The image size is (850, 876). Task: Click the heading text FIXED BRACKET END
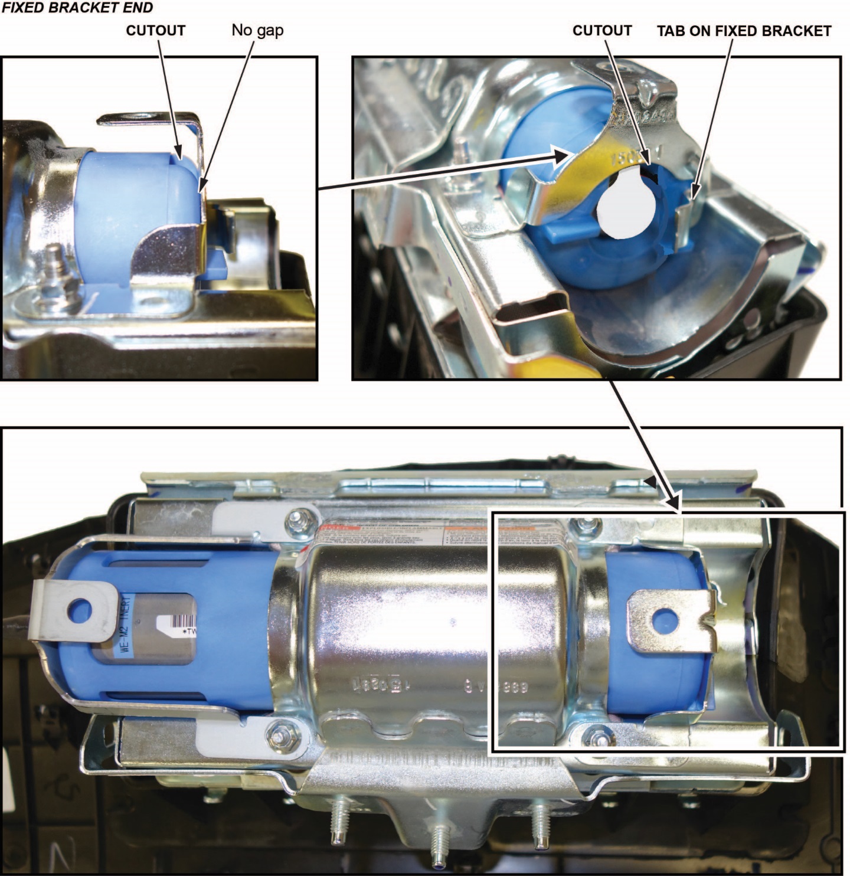pos(77,8)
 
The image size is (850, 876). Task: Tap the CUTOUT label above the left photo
pos(155,31)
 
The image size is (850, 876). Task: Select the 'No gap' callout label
pos(257,30)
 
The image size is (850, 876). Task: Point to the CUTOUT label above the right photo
pos(601,31)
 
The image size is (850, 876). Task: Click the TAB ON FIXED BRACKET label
pos(744,31)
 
